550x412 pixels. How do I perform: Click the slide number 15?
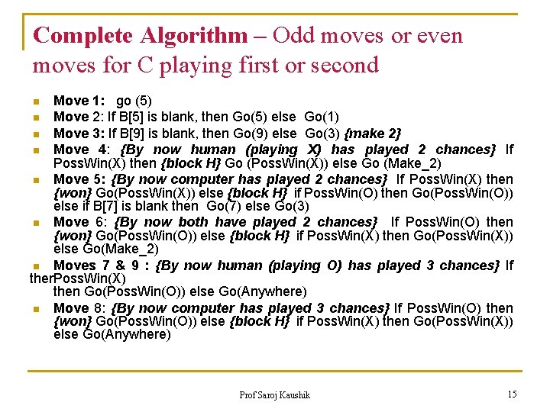click(x=511, y=394)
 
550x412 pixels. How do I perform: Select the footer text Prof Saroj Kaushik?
click(x=274, y=394)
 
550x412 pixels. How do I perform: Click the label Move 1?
click(x=73, y=101)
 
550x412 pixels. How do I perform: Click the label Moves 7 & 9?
click(x=96, y=266)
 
